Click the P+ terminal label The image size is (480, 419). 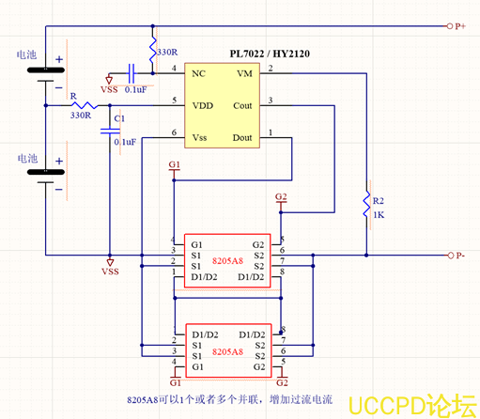tap(460, 26)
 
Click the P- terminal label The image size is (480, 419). tap(460, 256)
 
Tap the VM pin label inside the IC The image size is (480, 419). tap(243, 72)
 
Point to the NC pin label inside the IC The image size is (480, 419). tap(198, 72)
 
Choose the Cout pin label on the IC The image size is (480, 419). tap(241, 105)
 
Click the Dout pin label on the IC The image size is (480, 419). tap(241, 137)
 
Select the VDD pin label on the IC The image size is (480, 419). tap(202, 105)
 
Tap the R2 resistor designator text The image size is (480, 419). tap(379, 201)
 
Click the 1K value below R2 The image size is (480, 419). tap(379, 214)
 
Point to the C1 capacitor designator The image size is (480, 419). tap(117, 118)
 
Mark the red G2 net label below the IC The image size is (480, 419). tap(280, 196)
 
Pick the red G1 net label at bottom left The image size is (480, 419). tap(175, 383)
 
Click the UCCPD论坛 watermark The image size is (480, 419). tap(412, 405)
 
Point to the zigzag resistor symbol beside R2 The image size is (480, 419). tap(366, 205)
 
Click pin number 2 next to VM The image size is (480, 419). tap(271, 69)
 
